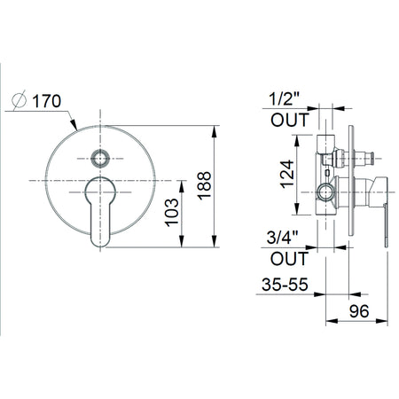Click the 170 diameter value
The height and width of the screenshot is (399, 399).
[x=46, y=101]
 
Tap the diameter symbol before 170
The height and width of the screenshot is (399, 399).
[x=20, y=100]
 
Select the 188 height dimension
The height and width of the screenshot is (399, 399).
[x=205, y=185]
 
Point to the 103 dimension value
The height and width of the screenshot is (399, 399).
[x=172, y=213]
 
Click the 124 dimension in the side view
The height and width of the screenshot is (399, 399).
[x=287, y=175]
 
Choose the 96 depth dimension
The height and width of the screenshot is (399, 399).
[x=359, y=311]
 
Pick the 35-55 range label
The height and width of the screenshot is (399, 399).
[x=285, y=285]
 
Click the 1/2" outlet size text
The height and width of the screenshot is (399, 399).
[x=285, y=98]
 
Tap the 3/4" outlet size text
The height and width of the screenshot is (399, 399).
[x=282, y=237]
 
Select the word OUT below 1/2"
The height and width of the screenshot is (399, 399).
[x=290, y=120]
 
